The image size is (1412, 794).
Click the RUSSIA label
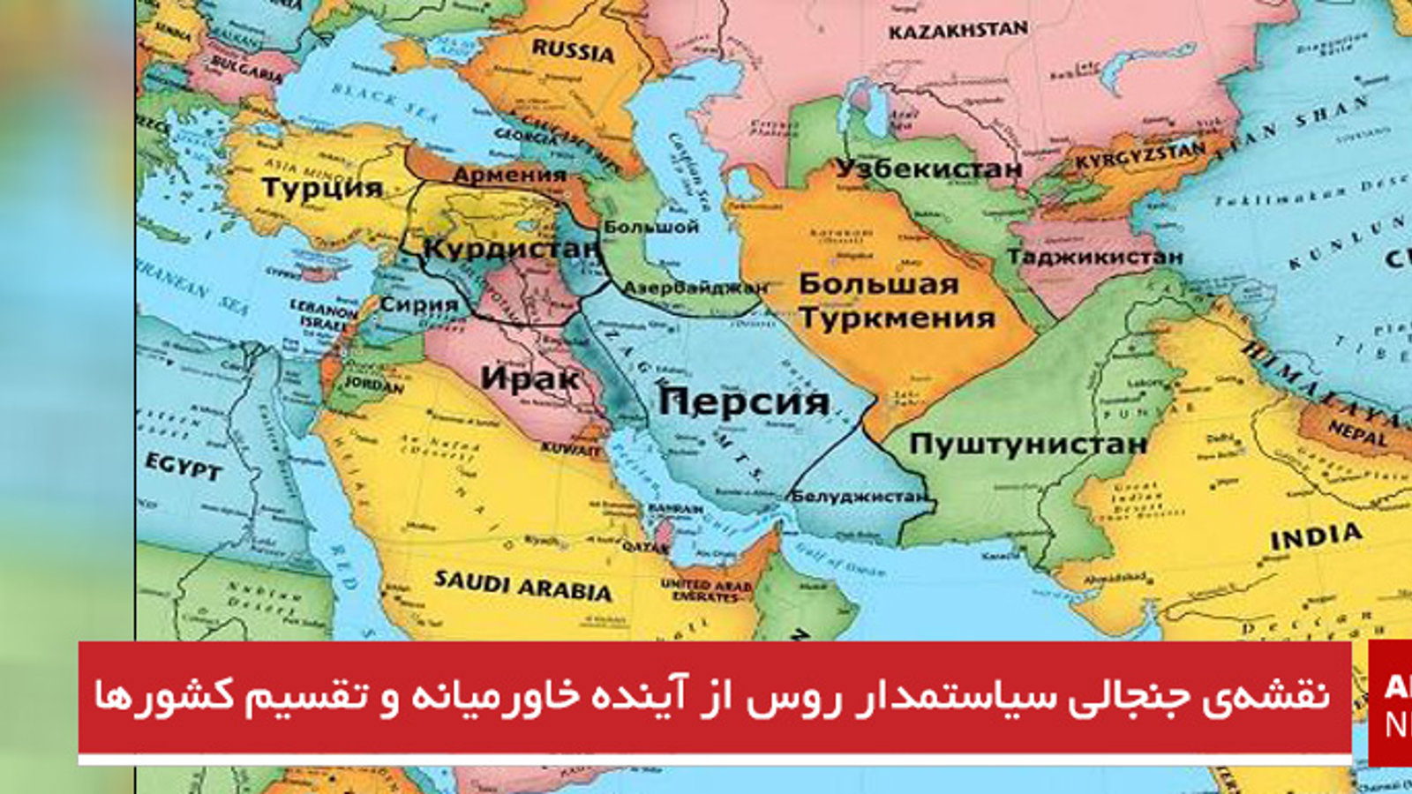click(x=573, y=50)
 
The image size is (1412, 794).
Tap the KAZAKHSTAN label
click(x=958, y=32)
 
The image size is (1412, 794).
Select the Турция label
click(x=322, y=188)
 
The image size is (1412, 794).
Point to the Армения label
click(x=509, y=175)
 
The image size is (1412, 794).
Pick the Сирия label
click(x=419, y=305)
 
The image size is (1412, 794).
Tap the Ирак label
click(x=529, y=379)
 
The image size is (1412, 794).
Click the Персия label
click(x=744, y=402)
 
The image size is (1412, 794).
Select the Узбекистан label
click(x=928, y=169)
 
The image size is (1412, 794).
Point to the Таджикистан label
click(x=1094, y=257)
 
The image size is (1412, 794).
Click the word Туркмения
click(x=897, y=318)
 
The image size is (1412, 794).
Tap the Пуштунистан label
click(x=1028, y=444)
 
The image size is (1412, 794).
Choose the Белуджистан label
click(x=860, y=496)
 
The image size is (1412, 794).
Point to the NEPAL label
click(x=1356, y=434)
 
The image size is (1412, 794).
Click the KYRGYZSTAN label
click(x=1139, y=158)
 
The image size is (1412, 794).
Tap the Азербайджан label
click(x=695, y=288)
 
